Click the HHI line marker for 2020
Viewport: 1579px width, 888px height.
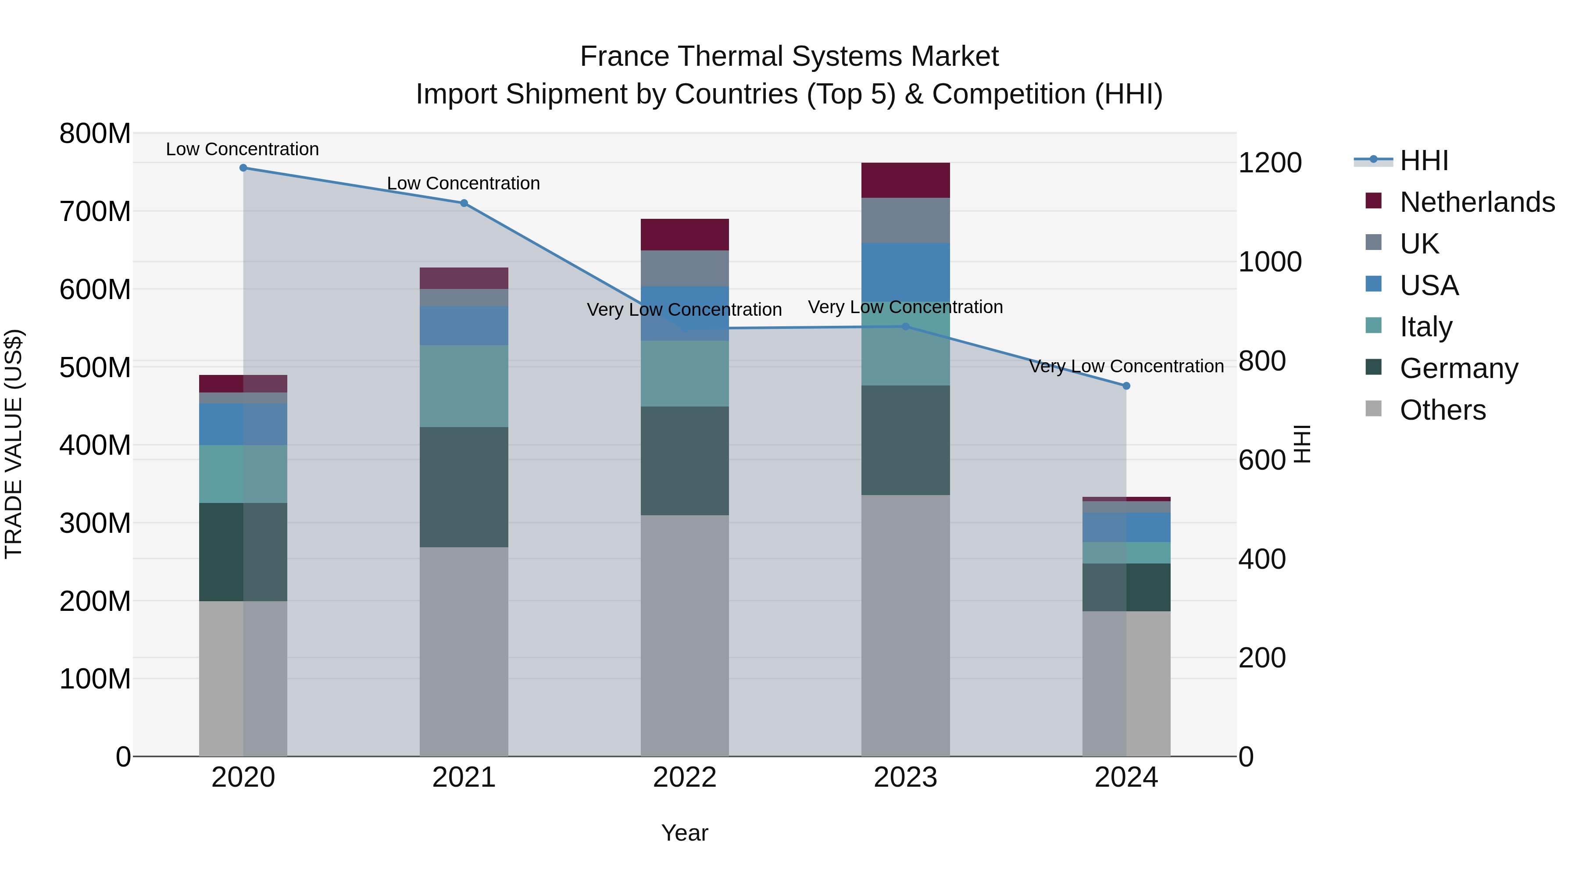pyautogui.click(x=243, y=168)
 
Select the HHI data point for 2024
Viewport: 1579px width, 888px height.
pyautogui.click(x=1126, y=386)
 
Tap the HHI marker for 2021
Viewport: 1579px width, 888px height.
pyautogui.click(x=464, y=203)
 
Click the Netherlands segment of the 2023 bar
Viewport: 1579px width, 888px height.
pyautogui.click(x=905, y=180)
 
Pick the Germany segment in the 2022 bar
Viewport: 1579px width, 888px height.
pyautogui.click(x=685, y=461)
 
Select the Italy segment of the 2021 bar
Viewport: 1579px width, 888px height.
pyautogui.click(x=464, y=386)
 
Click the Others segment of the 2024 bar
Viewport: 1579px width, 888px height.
pyautogui.click(x=1126, y=683)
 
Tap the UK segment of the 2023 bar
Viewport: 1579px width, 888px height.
pyautogui.click(x=905, y=221)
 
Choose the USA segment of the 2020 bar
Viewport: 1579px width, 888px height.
pyautogui.click(x=243, y=424)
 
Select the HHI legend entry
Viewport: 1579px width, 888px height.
pyautogui.click(x=1424, y=160)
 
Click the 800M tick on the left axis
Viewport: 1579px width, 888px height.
pyautogui.click(x=95, y=134)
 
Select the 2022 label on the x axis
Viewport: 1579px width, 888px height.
pyautogui.click(x=685, y=777)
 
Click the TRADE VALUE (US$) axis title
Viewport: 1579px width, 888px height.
pyautogui.click(x=14, y=444)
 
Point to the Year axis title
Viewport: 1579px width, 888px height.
pyautogui.click(x=685, y=833)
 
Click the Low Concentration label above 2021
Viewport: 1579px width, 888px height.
pyautogui.click(x=464, y=183)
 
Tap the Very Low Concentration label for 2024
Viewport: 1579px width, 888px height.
pyautogui.click(x=1126, y=367)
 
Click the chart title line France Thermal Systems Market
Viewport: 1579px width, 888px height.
pyautogui.click(x=789, y=57)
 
